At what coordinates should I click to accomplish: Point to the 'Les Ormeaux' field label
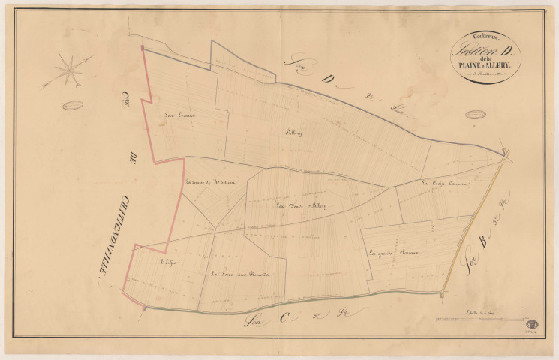pyautogui.click(x=179, y=115)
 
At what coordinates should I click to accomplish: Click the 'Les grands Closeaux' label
pyautogui.click(x=392, y=253)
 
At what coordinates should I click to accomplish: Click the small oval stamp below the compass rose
pyautogui.click(x=72, y=105)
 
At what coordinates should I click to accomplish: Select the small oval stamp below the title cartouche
pyautogui.click(x=476, y=114)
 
